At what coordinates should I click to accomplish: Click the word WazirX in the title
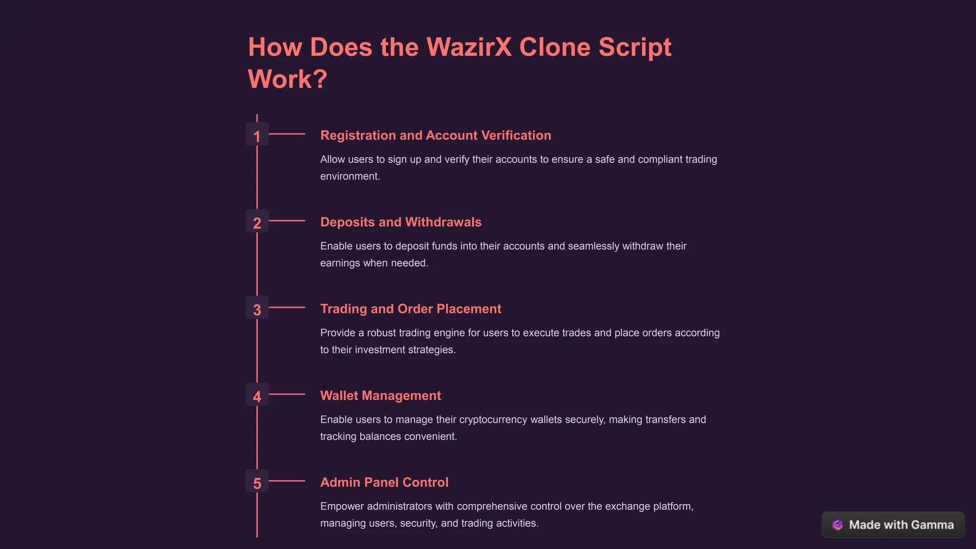tap(469, 47)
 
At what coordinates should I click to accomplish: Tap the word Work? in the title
tap(287, 79)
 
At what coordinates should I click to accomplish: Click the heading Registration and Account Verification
tap(436, 136)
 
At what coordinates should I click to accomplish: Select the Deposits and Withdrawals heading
tap(401, 223)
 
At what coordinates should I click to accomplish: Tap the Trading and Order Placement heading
tap(411, 309)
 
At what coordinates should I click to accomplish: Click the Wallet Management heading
tap(380, 396)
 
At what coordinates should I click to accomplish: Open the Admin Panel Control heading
tap(384, 482)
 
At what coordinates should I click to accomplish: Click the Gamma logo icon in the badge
tap(837, 525)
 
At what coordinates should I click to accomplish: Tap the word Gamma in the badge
tap(933, 525)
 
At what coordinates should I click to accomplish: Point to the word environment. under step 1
tap(350, 176)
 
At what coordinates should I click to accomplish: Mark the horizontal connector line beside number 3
tap(287, 307)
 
